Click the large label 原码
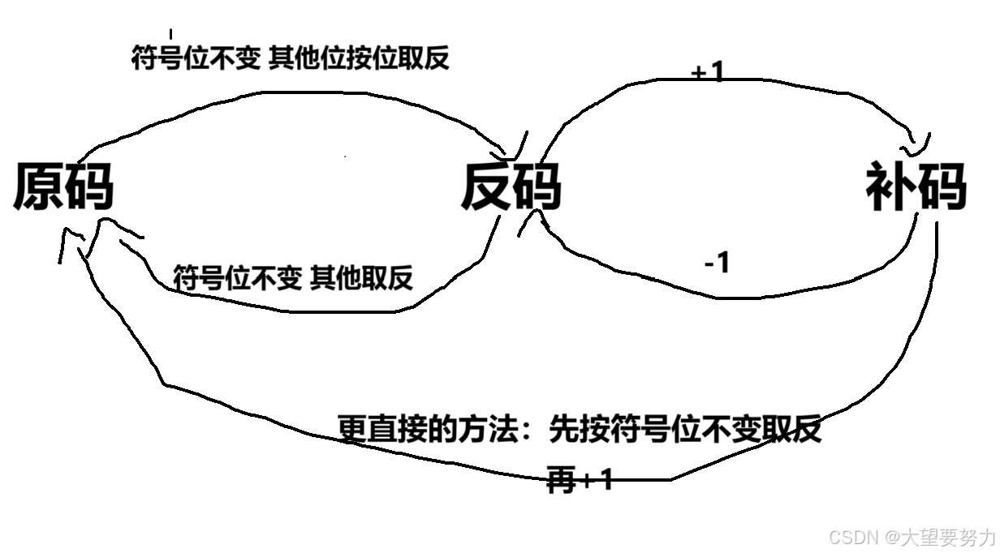[63, 187]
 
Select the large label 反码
[511, 187]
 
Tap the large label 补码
[916, 186]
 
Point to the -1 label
[717, 262]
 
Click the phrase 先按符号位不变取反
[686, 429]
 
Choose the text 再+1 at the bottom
[580, 481]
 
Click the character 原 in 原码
[38, 187]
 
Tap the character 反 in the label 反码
[486, 187]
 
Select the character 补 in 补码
[891, 186]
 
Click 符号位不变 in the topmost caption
[195, 58]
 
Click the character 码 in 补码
[942, 186]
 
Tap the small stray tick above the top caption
[170, 34]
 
